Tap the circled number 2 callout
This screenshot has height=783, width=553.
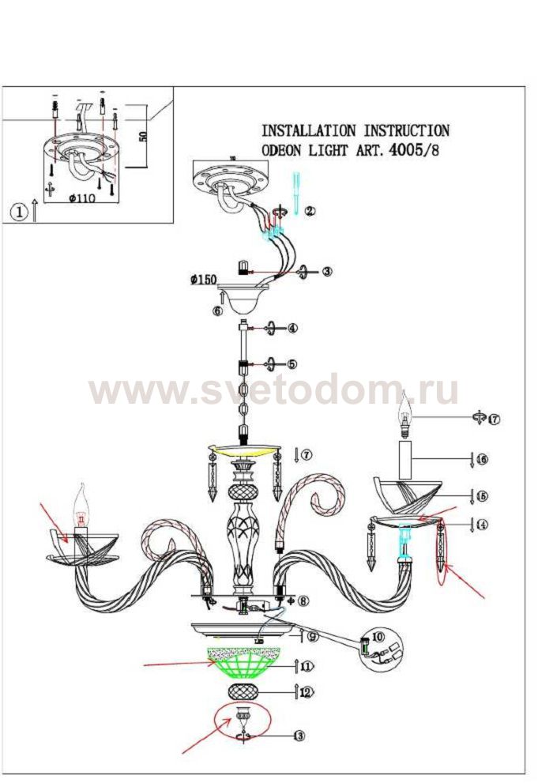coord(310,211)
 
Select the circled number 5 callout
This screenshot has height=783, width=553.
coord(292,364)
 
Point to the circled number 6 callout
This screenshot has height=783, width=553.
coord(217,311)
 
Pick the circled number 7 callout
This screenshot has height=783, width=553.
coord(307,454)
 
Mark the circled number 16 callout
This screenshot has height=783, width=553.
coord(482,458)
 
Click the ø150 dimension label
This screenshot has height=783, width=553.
coord(204,278)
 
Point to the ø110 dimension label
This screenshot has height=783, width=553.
coord(81,198)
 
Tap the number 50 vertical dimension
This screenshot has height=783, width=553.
coord(143,135)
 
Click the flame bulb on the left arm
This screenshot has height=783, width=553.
coord(81,505)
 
